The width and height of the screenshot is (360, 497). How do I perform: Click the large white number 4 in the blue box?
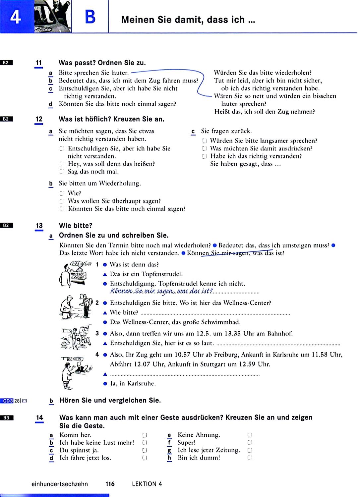(x=15, y=17)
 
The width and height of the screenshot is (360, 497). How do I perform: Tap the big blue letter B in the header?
(x=90, y=17)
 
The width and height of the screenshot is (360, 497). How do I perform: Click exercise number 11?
(x=39, y=63)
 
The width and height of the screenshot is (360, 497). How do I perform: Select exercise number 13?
(x=39, y=226)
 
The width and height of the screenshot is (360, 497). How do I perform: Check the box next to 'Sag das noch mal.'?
(x=62, y=172)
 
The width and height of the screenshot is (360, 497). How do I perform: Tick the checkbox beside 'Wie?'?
(x=62, y=193)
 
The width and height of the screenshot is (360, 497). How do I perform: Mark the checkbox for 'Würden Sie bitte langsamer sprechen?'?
(x=204, y=141)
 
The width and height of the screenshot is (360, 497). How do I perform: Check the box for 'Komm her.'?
(x=144, y=435)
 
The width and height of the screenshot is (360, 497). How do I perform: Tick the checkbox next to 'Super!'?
(x=250, y=443)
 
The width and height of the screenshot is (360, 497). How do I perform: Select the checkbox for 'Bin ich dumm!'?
(x=250, y=458)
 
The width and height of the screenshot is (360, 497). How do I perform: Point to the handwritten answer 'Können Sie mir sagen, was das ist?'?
(x=161, y=291)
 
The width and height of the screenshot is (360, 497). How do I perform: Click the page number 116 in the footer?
(x=110, y=484)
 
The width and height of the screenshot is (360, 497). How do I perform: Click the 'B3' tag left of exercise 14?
(x=7, y=418)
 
